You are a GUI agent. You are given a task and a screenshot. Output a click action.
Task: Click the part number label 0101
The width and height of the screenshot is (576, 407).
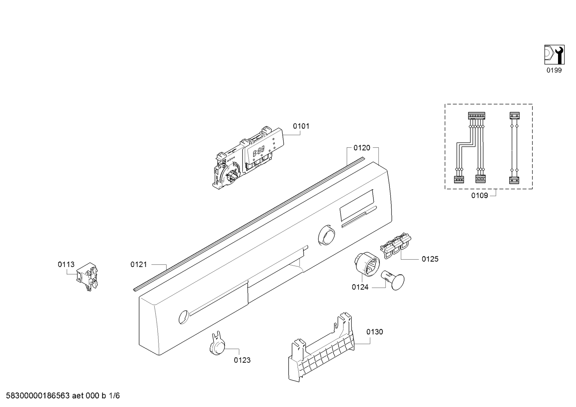click(301, 126)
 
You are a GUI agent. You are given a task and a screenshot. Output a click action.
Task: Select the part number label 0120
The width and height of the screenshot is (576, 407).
click(361, 148)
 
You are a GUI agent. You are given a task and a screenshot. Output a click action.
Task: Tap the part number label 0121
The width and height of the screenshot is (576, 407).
click(139, 264)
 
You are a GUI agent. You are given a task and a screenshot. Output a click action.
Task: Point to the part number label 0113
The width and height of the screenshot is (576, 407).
click(66, 264)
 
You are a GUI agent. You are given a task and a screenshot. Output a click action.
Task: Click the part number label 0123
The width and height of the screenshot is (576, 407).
click(242, 360)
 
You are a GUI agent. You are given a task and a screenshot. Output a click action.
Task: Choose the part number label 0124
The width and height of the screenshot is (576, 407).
click(360, 287)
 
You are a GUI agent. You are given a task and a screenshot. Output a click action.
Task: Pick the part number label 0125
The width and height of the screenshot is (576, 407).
click(430, 259)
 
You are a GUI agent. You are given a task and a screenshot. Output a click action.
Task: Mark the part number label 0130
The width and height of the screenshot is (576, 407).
click(374, 332)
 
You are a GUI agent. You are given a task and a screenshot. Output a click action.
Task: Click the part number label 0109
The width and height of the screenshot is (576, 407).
click(479, 196)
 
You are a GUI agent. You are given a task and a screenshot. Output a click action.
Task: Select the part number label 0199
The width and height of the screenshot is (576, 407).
click(554, 70)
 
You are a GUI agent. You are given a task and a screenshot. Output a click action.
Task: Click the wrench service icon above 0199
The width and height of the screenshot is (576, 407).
click(554, 55)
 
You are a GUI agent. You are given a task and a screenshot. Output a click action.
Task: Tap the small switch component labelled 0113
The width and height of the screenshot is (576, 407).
click(87, 276)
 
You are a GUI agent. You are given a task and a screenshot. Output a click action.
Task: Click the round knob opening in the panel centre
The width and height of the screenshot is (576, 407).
click(326, 235)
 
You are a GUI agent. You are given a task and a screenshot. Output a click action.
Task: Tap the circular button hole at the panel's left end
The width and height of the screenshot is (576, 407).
click(183, 317)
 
